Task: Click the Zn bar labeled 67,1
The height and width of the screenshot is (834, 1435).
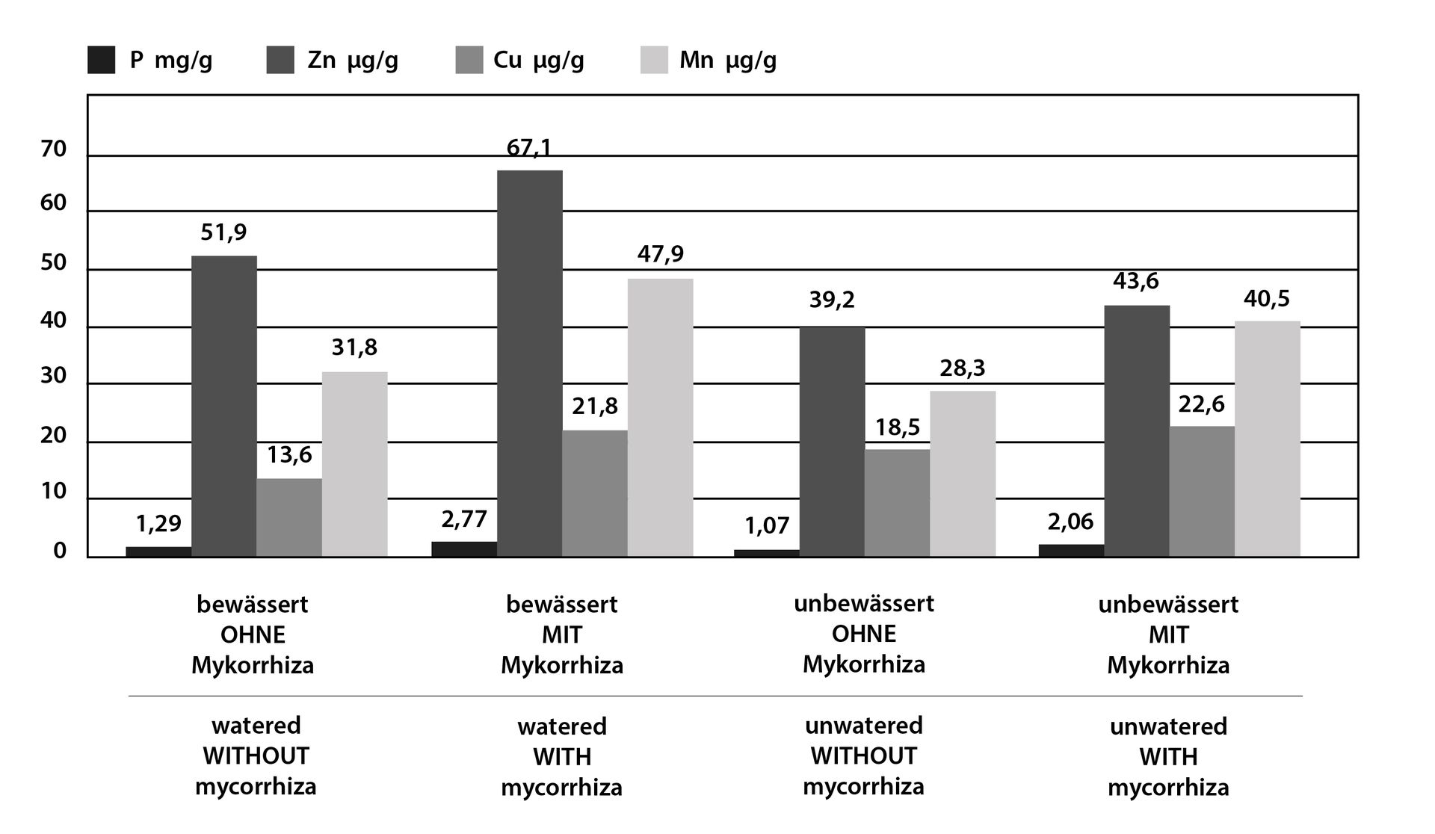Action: coord(530,363)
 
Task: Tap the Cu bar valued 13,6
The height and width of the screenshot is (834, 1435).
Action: coord(289,517)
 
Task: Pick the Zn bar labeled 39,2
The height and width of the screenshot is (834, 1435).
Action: coord(832,442)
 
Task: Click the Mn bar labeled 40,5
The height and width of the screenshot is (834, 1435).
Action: coord(1267,439)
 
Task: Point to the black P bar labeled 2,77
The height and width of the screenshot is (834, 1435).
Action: coord(465,549)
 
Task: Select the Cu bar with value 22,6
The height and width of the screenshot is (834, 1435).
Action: coord(1202,491)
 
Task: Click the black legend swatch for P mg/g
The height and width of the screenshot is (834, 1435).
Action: coord(102,61)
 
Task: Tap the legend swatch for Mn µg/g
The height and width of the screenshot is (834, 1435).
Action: coord(654,61)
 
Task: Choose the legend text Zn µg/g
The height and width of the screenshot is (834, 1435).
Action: coord(353,61)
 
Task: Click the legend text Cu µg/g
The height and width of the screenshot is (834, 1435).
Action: coord(538,61)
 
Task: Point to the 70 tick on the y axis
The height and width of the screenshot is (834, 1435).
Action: coord(54,149)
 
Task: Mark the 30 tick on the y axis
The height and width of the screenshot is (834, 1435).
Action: coord(54,376)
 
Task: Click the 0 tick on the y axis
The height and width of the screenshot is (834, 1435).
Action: coord(60,552)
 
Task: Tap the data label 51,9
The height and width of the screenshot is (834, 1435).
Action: coord(223,232)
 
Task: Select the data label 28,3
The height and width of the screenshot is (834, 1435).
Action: coord(963,368)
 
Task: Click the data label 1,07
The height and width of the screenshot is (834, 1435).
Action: coord(767,525)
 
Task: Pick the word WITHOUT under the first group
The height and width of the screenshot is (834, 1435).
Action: coord(256,756)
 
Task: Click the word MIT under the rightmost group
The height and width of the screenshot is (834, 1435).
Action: coord(1168,634)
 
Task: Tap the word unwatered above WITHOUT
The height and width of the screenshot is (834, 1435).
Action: coord(863,725)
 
